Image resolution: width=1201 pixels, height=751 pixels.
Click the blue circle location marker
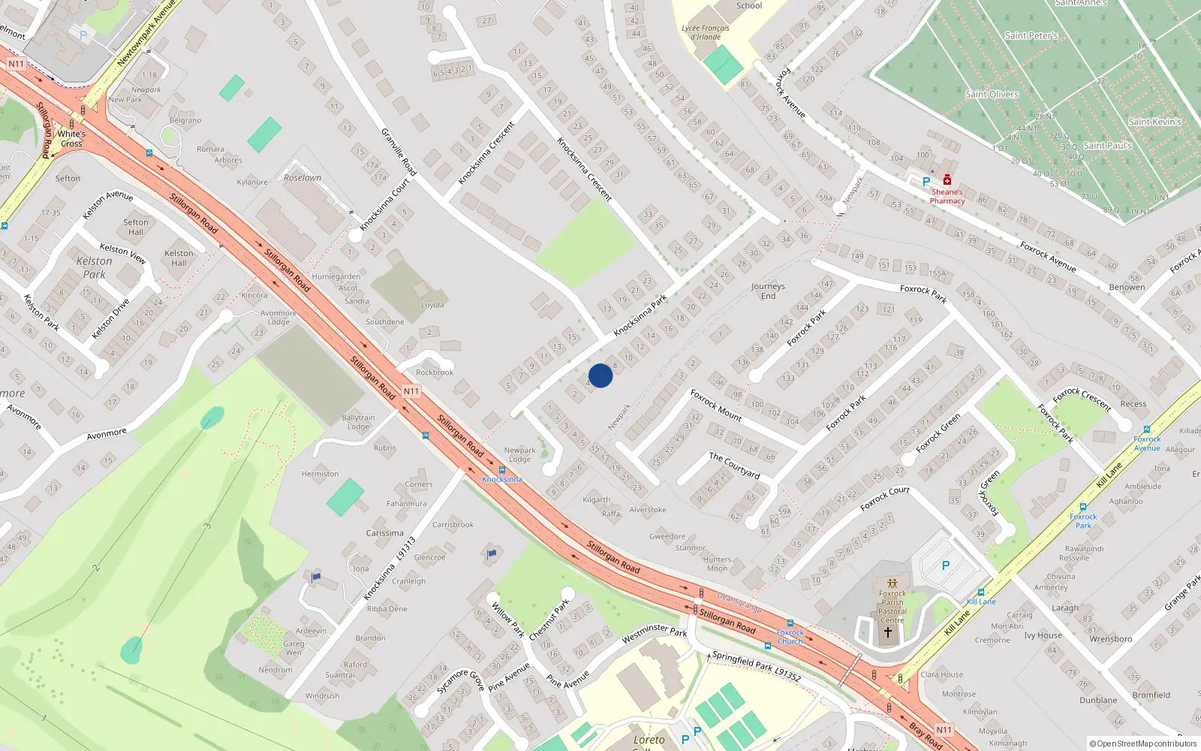(x=600, y=375)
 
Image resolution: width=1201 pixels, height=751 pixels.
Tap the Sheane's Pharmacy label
(x=947, y=196)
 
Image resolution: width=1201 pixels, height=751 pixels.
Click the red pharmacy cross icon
(x=947, y=180)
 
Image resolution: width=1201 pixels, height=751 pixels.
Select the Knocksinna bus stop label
(x=502, y=479)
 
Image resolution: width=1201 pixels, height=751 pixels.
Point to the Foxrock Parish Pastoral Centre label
(x=892, y=607)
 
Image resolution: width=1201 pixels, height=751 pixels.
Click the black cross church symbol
(x=888, y=632)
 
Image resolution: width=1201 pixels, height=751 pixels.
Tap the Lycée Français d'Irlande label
(x=705, y=32)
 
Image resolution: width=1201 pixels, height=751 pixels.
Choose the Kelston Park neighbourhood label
(x=95, y=267)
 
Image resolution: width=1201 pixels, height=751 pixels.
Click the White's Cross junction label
(x=71, y=139)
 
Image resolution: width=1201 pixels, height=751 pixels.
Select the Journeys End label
(x=768, y=291)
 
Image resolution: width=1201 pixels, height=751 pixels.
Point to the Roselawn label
(x=303, y=178)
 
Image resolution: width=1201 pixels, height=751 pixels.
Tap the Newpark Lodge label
(x=519, y=455)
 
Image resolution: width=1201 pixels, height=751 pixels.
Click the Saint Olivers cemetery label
(x=992, y=95)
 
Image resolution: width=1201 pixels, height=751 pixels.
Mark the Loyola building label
(x=432, y=305)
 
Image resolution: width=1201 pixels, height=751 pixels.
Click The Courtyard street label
(x=735, y=466)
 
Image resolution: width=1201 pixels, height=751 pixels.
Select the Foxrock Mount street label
(x=716, y=405)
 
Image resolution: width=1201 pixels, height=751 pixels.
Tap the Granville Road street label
(x=399, y=152)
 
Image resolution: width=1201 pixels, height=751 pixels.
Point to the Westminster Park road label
(x=655, y=634)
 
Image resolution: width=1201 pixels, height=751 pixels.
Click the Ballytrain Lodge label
(x=358, y=422)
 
